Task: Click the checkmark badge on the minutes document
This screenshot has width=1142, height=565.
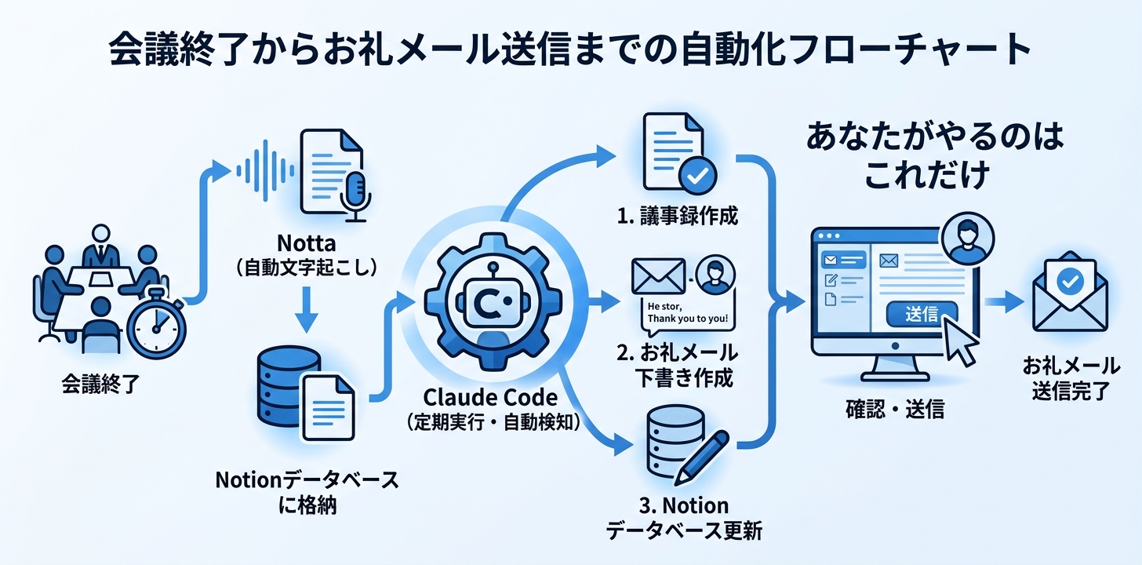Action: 696,176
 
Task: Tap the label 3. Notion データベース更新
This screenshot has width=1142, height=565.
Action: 683,517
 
